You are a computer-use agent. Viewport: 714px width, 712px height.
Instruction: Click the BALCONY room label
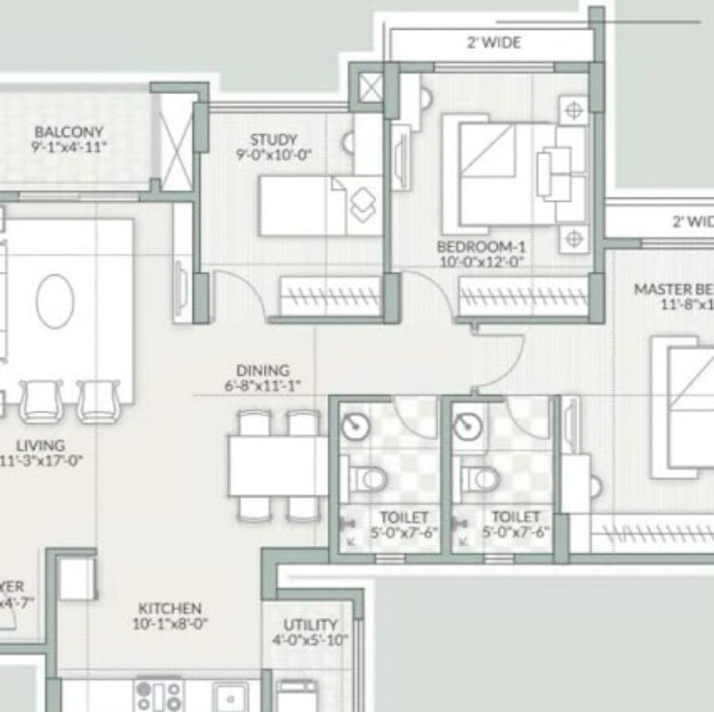coord(68,131)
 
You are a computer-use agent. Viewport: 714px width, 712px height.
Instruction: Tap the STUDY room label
coord(273,139)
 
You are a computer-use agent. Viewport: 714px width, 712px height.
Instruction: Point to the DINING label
coord(263,371)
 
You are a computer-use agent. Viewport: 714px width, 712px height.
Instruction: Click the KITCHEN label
coord(170,609)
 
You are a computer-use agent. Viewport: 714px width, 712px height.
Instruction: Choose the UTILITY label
coord(311,624)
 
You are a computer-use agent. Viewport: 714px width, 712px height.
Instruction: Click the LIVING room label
coord(40,446)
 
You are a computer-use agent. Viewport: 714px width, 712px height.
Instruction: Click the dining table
coord(277,466)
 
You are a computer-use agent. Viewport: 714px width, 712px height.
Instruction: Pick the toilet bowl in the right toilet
coord(478,476)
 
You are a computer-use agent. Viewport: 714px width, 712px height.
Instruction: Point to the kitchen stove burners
coord(158,695)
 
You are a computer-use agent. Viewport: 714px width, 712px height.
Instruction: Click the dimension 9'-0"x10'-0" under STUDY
coord(274,154)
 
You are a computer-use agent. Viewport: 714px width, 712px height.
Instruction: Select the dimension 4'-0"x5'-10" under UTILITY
coord(311,639)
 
